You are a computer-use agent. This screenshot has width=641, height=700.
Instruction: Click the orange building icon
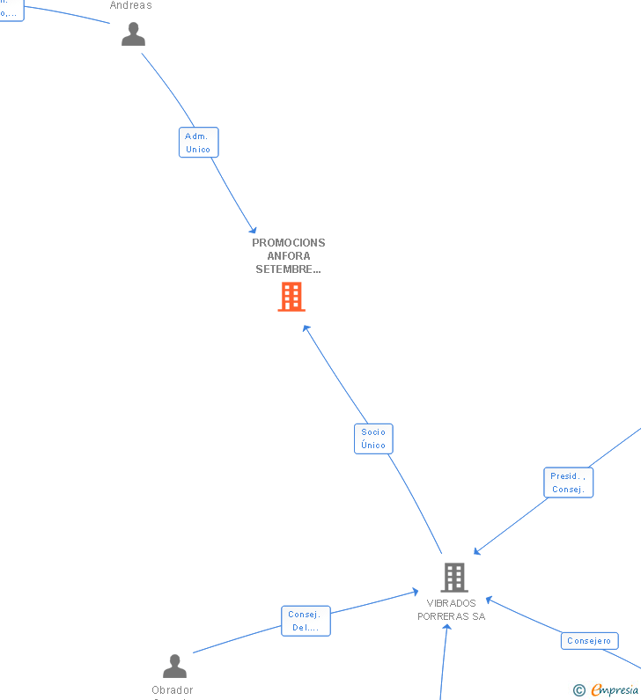point(291,297)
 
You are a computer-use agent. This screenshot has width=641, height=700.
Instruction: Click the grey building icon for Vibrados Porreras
point(453,578)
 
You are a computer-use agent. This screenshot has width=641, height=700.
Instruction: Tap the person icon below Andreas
point(133,34)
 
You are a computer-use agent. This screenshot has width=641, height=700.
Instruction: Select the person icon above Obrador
point(174,666)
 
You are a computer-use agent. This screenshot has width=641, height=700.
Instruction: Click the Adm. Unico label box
point(198,143)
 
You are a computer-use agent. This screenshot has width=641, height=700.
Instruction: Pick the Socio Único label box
point(373,438)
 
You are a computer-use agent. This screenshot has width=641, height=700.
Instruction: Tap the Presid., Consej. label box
point(568,483)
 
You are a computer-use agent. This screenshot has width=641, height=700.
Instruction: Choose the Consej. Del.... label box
point(306,621)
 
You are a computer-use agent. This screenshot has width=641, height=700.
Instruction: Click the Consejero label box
point(589,641)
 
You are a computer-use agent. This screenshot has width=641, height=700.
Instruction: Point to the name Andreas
point(130,5)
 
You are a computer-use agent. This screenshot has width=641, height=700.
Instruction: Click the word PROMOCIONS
point(289,243)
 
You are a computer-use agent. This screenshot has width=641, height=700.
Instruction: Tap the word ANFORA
point(289,256)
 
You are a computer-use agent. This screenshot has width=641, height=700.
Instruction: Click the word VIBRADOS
point(451,603)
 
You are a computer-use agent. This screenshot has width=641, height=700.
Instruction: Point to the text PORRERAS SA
point(451,616)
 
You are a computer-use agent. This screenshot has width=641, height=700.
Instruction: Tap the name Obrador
point(173,690)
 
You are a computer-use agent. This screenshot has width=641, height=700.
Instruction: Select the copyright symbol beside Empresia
point(578,690)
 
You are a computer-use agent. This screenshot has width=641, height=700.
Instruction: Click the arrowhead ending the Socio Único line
point(306,328)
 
